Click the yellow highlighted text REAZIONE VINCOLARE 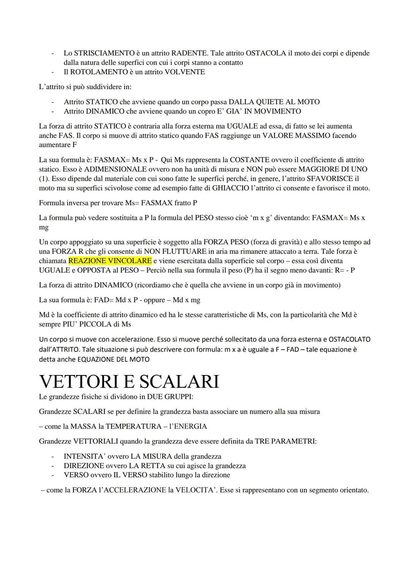coord(110,261)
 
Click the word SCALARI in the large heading coord(177,381)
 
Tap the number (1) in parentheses coord(44,179)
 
